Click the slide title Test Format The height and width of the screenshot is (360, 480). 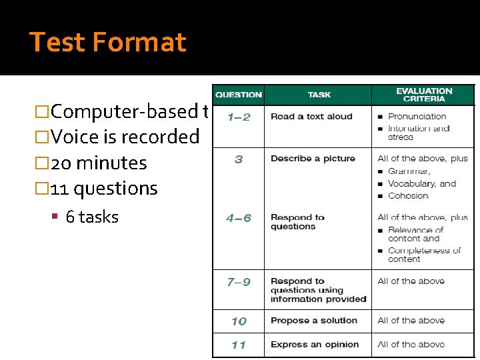pyautogui.click(x=108, y=42)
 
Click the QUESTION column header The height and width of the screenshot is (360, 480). pyautogui.click(x=239, y=95)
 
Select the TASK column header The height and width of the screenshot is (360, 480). pyautogui.click(x=319, y=95)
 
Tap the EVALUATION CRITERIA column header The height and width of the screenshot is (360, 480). pyautogui.click(x=423, y=95)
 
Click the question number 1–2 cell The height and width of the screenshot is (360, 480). pyautogui.click(x=239, y=117)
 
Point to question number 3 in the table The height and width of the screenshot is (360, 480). pyautogui.click(x=239, y=159)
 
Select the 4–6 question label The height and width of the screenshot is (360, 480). pyautogui.click(x=239, y=218)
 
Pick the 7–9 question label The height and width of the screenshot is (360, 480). pyautogui.click(x=239, y=282)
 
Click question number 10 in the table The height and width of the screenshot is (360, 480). pyautogui.click(x=239, y=321)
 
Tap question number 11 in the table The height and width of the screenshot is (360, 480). pyautogui.click(x=239, y=345)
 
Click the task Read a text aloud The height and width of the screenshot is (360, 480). pyautogui.click(x=311, y=117)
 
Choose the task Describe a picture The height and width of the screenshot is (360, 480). pyautogui.click(x=313, y=159)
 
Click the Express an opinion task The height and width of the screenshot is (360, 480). pyautogui.click(x=315, y=345)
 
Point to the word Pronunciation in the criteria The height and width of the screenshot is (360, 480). pyautogui.click(x=417, y=117)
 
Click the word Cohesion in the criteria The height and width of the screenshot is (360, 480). pyautogui.click(x=408, y=195)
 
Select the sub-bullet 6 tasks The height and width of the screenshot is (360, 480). pyautogui.click(x=92, y=217)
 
